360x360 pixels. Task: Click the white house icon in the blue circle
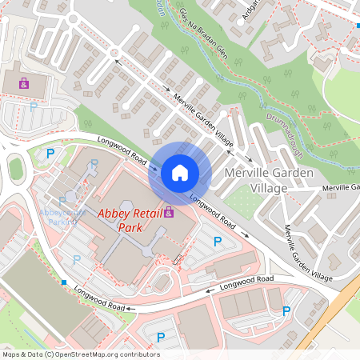(180, 172)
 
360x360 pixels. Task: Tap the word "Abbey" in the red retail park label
(114, 214)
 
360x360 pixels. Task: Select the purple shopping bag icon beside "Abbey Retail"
(168, 212)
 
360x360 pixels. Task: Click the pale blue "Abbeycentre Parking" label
(62, 217)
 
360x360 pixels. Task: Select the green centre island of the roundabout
(15, 169)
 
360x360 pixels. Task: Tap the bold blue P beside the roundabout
(50, 153)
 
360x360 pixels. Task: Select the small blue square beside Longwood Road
(63, 282)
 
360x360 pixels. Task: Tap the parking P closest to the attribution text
(160, 338)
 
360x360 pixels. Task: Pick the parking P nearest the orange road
(286, 310)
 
